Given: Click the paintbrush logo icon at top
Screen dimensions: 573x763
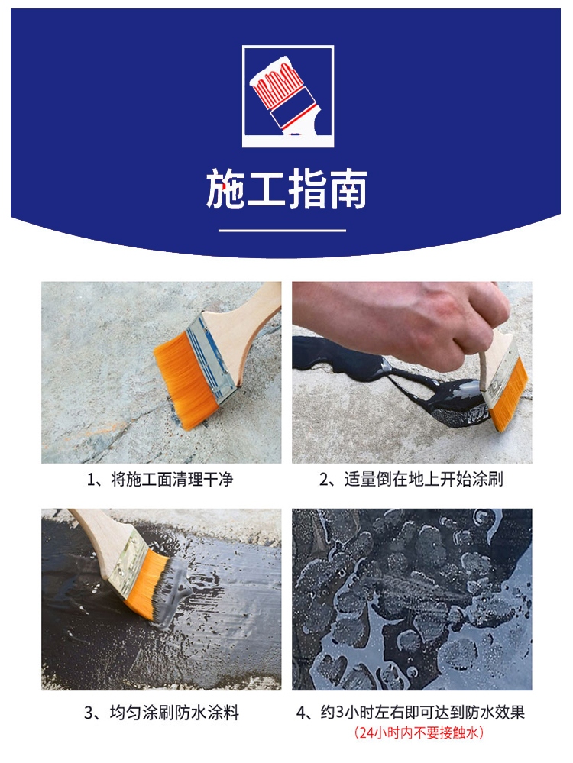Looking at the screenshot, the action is [288, 96].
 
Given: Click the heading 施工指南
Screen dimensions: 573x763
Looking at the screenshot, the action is [286, 189].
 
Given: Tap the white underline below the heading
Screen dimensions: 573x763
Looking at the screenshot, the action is [282, 230].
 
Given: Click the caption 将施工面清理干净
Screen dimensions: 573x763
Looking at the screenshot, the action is [173, 480].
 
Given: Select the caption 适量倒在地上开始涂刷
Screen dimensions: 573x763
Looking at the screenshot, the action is [423, 480].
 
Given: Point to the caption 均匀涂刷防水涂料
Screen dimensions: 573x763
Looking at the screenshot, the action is [174, 713].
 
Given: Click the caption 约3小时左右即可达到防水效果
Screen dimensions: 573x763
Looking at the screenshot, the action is [422, 713].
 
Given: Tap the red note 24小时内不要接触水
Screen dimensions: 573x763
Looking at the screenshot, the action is [419, 732].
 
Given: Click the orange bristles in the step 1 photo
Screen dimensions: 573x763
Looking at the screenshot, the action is [187, 380].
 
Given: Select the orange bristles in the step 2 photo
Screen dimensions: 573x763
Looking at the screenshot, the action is [509, 395].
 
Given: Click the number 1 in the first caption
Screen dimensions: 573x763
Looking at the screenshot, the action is [91, 480].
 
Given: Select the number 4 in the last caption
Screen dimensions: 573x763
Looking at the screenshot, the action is [301, 713].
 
